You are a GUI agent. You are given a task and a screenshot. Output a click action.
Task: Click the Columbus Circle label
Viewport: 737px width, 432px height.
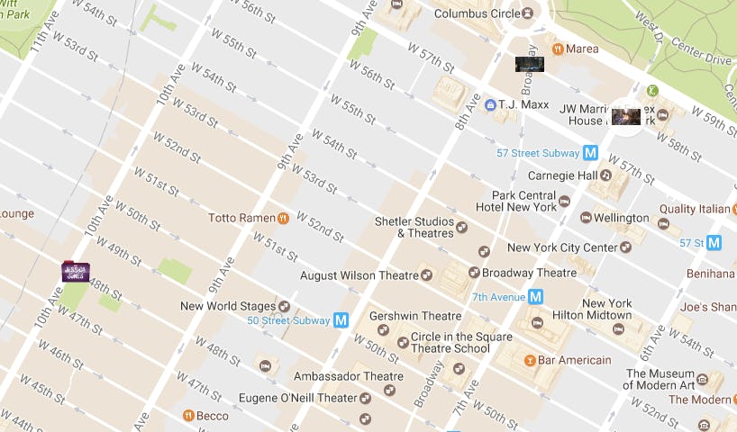pyautogui.click(x=477, y=13)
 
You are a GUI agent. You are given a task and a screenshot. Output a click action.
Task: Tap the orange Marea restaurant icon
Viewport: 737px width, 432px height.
pyautogui.click(x=559, y=49)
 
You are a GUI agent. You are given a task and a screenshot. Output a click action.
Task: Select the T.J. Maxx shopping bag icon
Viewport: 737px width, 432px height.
pyautogui.click(x=489, y=104)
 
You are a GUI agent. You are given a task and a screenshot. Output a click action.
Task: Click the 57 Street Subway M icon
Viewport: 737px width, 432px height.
pyautogui.click(x=591, y=153)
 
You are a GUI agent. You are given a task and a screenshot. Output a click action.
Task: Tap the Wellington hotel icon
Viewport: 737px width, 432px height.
pyautogui.click(x=586, y=218)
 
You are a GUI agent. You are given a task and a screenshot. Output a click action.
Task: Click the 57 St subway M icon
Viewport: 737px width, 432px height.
pyautogui.click(x=714, y=243)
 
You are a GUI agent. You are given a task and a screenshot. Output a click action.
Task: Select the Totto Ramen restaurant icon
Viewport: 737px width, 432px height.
pyautogui.click(x=283, y=218)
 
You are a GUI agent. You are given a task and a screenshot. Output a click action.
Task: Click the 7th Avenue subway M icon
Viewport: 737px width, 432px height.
pyautogui.click(x=535, y=296)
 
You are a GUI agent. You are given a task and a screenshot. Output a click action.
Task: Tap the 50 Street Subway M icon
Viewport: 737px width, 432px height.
pyautogui.click(x=341, y=319)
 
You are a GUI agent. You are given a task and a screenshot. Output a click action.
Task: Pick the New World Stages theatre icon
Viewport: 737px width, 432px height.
pyautogui.click(x=285, y=306)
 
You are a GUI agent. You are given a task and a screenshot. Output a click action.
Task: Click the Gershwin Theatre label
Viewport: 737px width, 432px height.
pyautogui.click(x=415, y=316)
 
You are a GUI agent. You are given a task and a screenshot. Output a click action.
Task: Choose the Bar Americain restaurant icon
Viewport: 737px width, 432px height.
pyautogui.click(x=530, y=360)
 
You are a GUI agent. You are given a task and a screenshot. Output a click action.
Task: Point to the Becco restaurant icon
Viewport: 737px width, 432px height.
pyautogui.click(x=188, y=416)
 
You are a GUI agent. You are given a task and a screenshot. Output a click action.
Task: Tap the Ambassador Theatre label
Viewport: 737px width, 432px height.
pyautogui.click(x=338, y=376)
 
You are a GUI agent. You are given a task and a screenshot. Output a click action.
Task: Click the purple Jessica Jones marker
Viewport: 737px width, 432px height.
pyautogui.click(x=75, y=270)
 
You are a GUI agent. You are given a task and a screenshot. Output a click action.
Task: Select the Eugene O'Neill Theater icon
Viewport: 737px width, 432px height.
pyautogui.click(x=365, y=398)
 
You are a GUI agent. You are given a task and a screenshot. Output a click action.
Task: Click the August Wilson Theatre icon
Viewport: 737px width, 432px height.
pyautogui.click(x=427, y=274)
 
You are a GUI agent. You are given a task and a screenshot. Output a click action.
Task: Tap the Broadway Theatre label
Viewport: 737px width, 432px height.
pyautogui.click(x=530, y=273)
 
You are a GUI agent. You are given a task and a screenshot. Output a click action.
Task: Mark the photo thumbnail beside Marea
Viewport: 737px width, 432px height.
pyautogui.click(x=529, y=64)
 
